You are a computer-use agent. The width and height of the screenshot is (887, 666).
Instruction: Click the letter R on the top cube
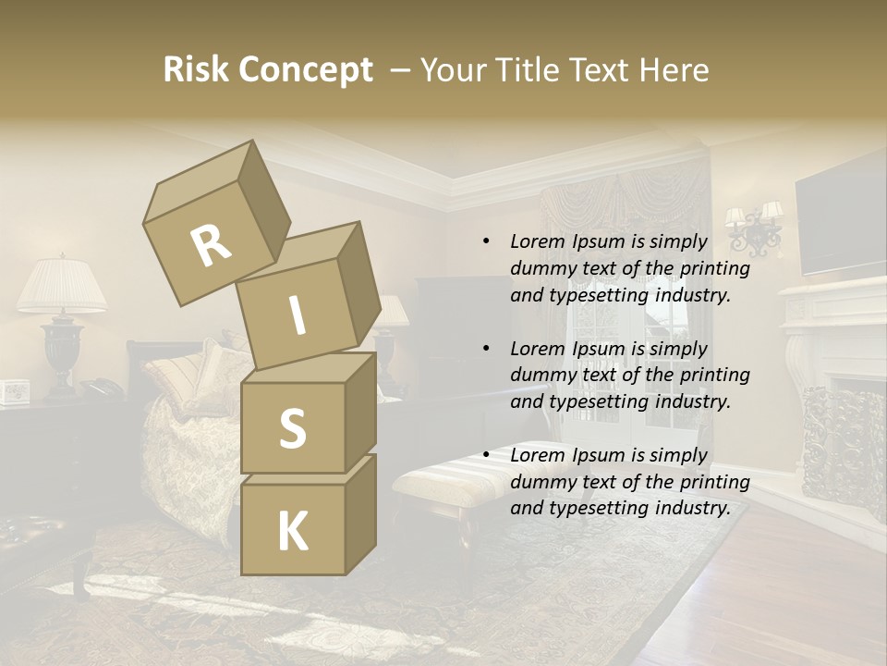click(212, 246)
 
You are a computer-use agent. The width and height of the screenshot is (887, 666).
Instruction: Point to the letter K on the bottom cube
click(292, 531)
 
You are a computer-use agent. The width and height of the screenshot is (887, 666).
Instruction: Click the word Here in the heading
click(674, 70)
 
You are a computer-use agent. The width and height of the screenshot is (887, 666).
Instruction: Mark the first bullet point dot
click(486, 241)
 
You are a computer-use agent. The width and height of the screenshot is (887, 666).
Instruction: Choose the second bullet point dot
click(486, 349)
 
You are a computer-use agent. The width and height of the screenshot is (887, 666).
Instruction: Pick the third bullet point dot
click(486, 455)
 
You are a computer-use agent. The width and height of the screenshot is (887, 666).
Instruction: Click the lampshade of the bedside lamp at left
click(62, 286)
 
